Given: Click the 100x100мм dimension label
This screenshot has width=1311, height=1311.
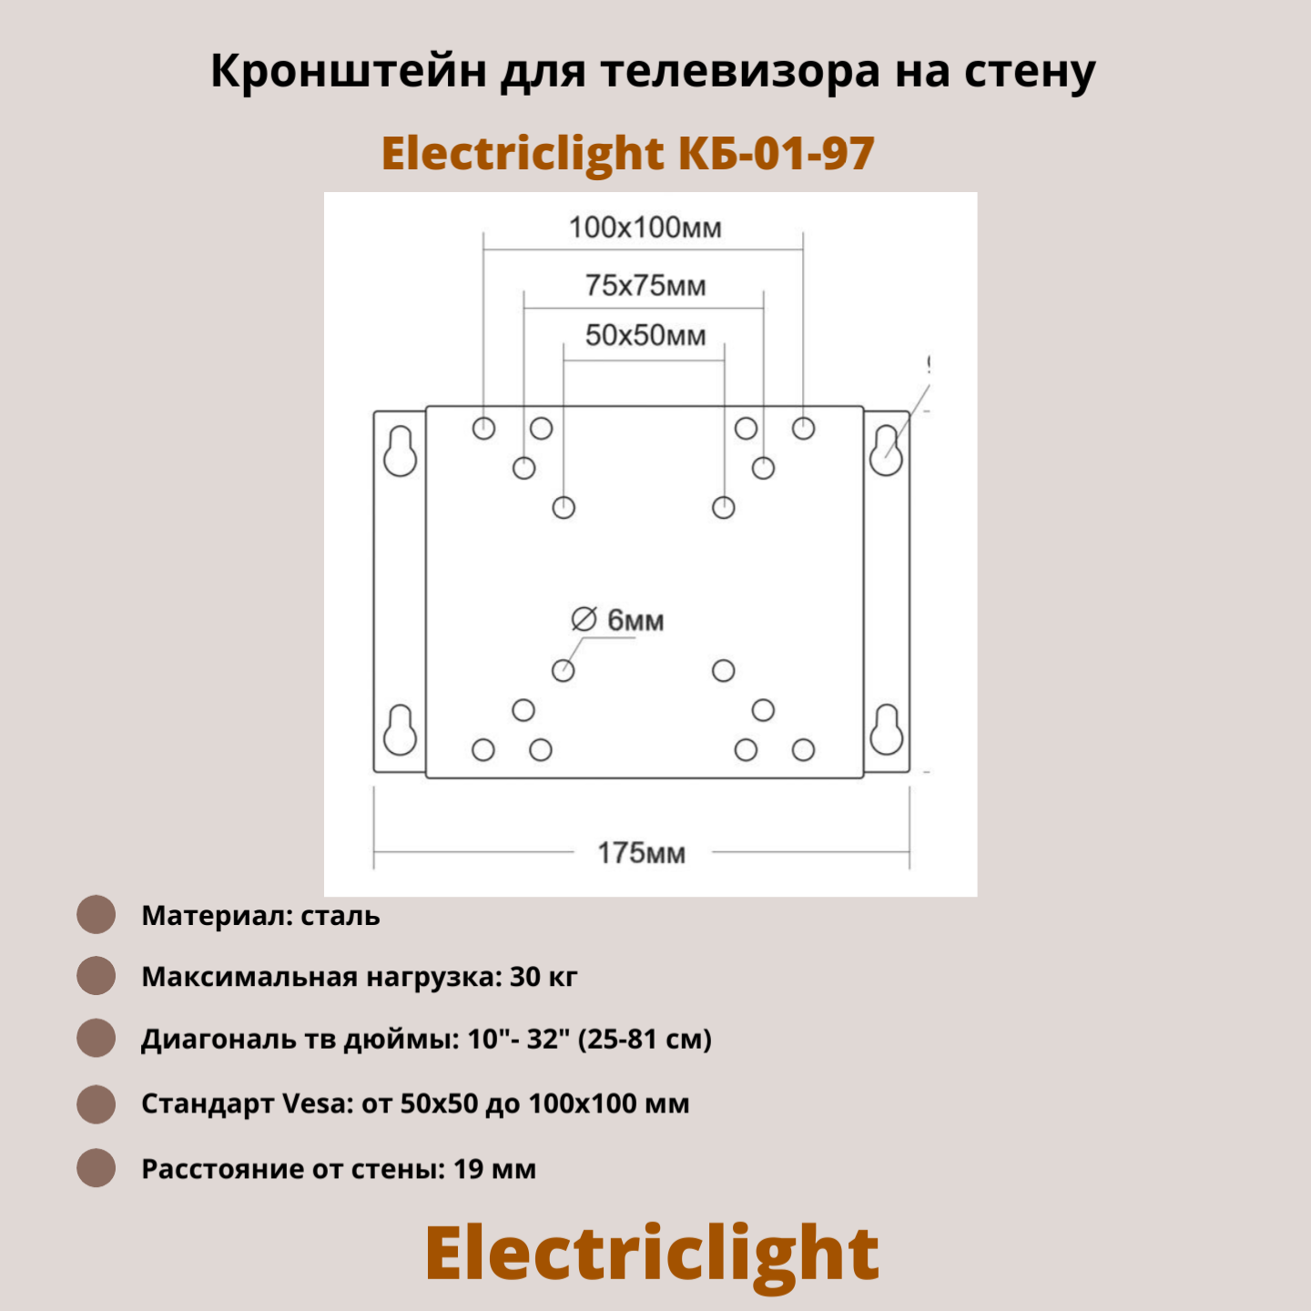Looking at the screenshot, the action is pos(645,228).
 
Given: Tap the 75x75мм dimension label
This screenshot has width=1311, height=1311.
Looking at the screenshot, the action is pos(645,286).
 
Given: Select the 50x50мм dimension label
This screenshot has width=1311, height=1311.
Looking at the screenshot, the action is pos(645,335).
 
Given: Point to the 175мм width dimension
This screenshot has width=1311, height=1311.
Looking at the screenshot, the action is pos(641,853).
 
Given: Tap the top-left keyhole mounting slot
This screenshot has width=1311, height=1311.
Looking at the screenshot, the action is pos(401,452).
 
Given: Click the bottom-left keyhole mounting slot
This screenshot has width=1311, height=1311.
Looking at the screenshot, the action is pos(401,730).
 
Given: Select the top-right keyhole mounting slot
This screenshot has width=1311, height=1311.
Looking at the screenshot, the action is pos(886,452).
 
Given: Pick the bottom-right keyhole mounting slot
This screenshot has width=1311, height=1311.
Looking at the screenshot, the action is pos(886,730).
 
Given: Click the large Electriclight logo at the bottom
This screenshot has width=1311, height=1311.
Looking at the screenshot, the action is pos(652,1254).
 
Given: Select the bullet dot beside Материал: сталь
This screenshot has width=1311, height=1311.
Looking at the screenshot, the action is pos(96,915).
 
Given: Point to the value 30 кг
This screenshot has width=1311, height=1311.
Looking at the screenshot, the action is pos(544,977).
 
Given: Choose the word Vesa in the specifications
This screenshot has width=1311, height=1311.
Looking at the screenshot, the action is pos(317,1103).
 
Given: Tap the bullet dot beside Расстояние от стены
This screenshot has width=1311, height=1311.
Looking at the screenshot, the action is pos(96,1168).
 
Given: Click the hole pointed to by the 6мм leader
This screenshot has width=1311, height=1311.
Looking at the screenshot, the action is pos(564,671).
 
